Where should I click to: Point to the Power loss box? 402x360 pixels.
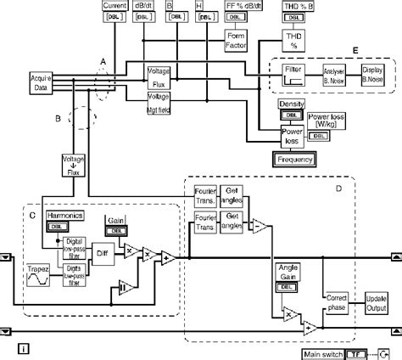[x=293, y=136]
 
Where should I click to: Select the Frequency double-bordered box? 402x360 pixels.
[x=293, y=159]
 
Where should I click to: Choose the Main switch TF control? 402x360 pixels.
[x=365, y=352]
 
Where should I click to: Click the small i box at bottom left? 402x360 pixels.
[x=24, y=348]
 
